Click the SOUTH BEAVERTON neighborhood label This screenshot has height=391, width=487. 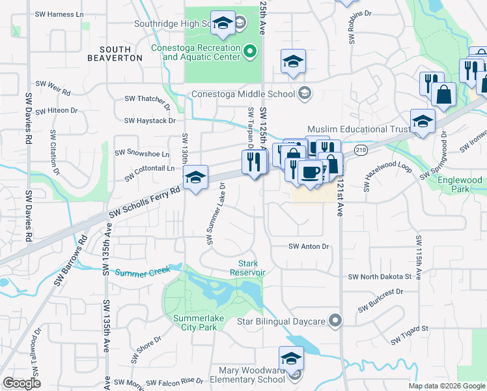point(121,53)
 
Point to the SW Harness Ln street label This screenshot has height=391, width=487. point(60,14)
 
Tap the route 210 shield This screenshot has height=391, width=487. point(359,151)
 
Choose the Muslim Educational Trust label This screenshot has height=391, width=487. point(358,129)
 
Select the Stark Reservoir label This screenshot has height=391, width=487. point(247,268)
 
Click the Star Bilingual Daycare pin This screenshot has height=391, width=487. point(335,321)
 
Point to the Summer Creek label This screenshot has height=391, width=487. point(143,270)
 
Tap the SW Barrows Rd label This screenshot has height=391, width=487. point(81,251)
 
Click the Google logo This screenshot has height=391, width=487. point(21,383)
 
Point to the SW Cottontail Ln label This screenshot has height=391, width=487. point(145,168)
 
